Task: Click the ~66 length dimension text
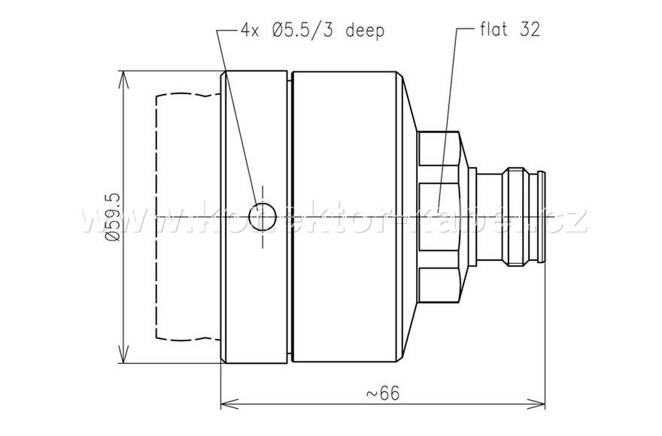point(382,392)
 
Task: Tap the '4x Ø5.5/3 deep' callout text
point(312,30)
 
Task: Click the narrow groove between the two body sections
point(290,216)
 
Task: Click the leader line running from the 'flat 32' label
point(448,113)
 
